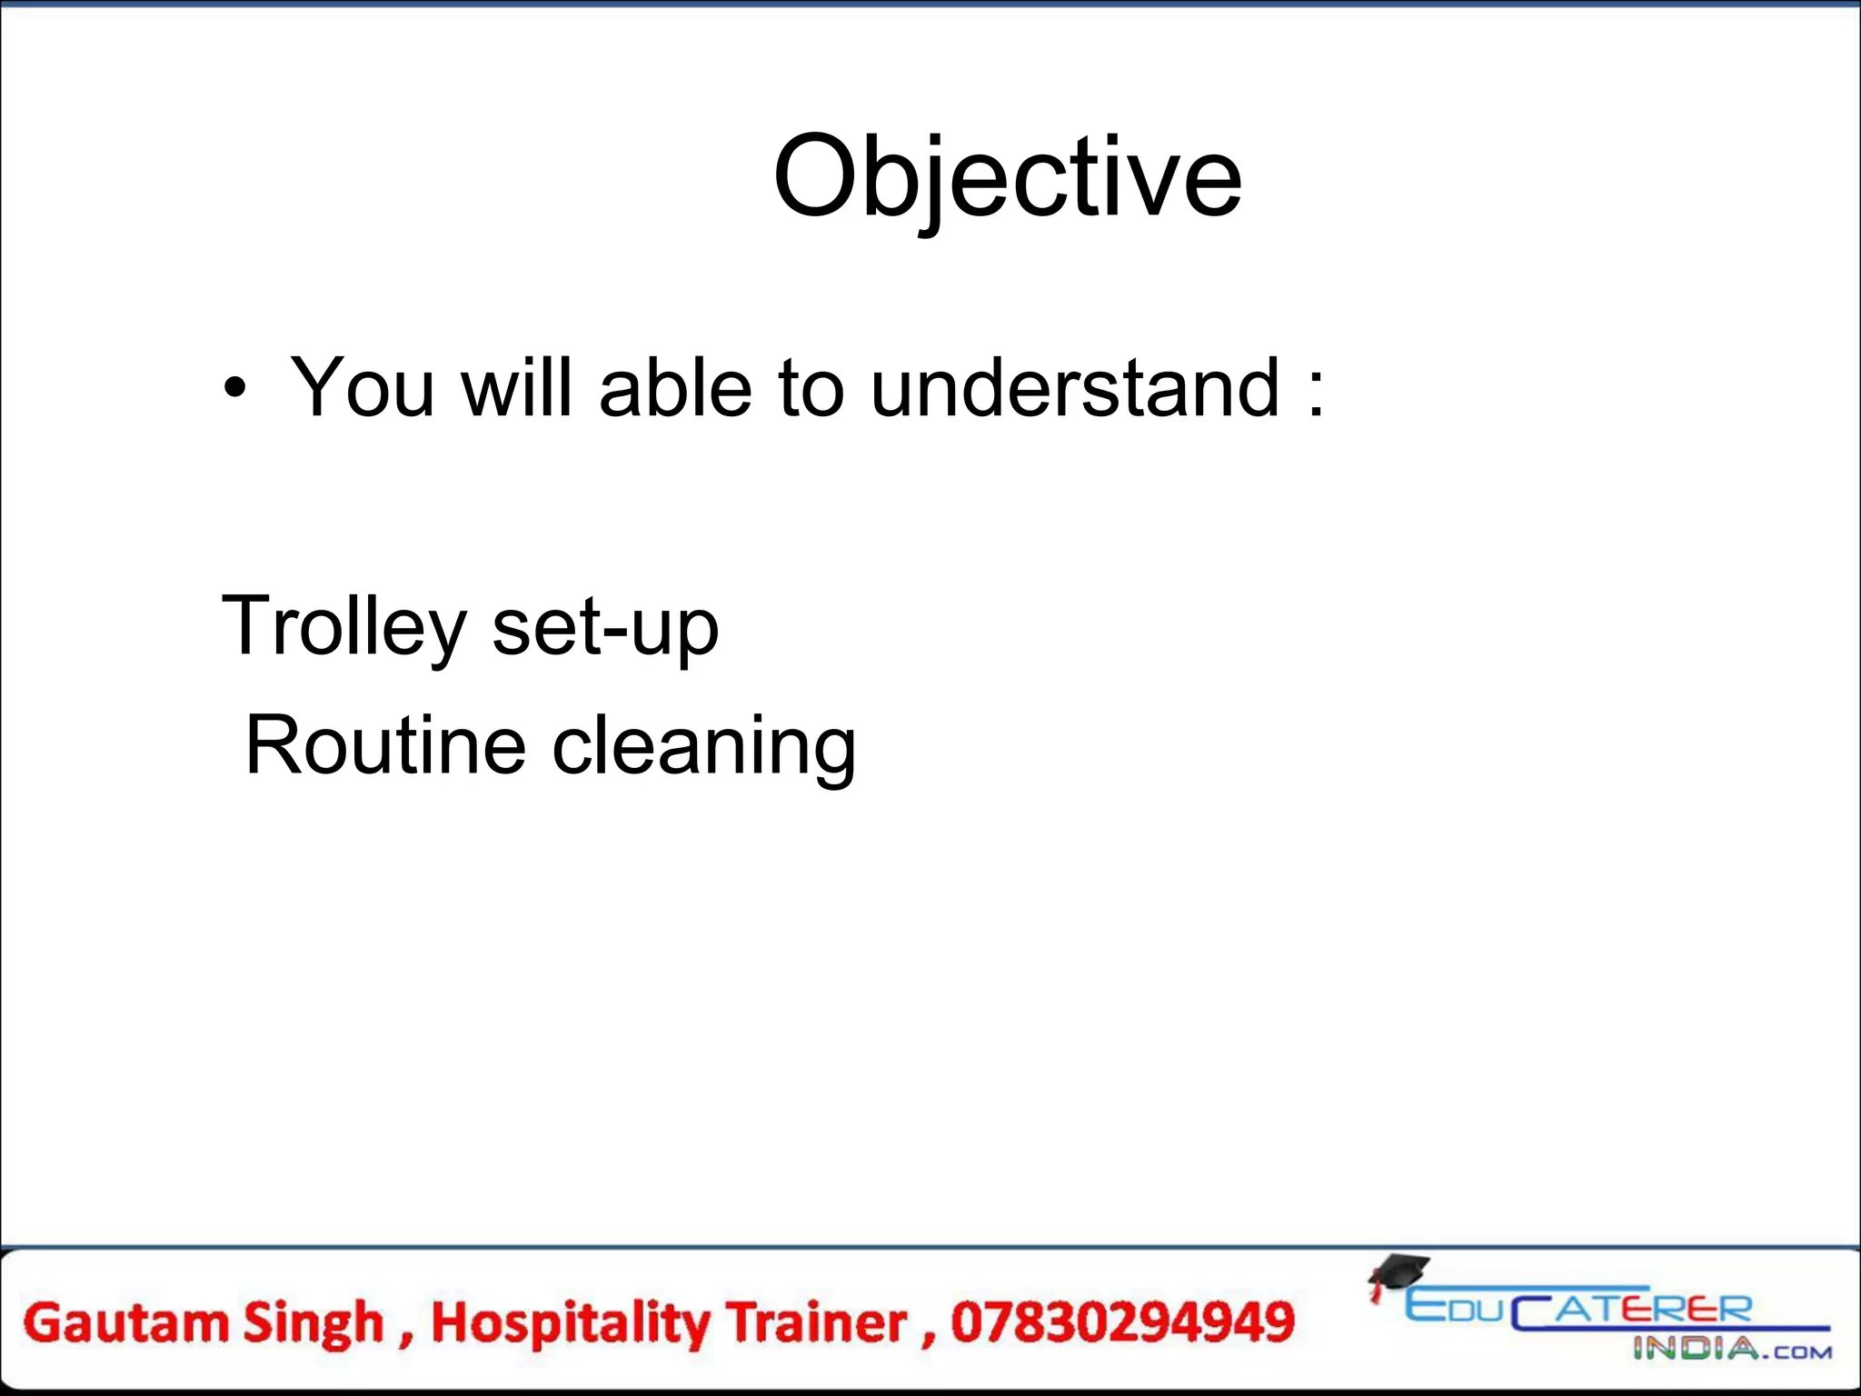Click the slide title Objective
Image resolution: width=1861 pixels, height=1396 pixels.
tap(1007, 177)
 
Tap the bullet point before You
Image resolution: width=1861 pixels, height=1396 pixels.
tap(234, 389)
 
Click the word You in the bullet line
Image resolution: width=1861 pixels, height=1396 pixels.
tap(362, 388)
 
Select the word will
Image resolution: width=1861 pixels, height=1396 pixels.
tap(516, 388)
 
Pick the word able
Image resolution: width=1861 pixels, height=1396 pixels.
tap(675, 388)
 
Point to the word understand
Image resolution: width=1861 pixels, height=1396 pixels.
tap(1074, 388)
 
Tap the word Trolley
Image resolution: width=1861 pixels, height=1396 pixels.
tap(344, 627)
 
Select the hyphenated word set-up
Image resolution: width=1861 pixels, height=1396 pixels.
tap(605, 627)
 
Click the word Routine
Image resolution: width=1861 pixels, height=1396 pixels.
tap(385, 745)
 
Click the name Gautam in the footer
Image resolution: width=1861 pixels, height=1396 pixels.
tap(125, 1323)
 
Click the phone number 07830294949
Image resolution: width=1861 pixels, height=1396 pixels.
tap(1122, 1323)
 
